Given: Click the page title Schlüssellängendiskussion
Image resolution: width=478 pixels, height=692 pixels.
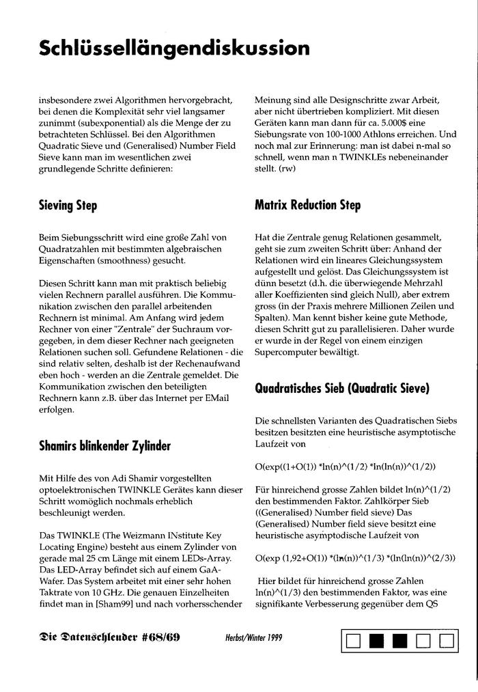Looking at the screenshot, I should coord(174,49).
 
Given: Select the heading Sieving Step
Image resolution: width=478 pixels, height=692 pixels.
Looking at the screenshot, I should coord(68,206).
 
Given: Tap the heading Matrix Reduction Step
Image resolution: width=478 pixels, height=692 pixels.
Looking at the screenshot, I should coord(307,205).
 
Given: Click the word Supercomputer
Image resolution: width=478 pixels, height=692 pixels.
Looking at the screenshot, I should coord(287,353).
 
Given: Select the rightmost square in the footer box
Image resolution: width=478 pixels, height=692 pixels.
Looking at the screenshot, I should coord(447,641).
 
